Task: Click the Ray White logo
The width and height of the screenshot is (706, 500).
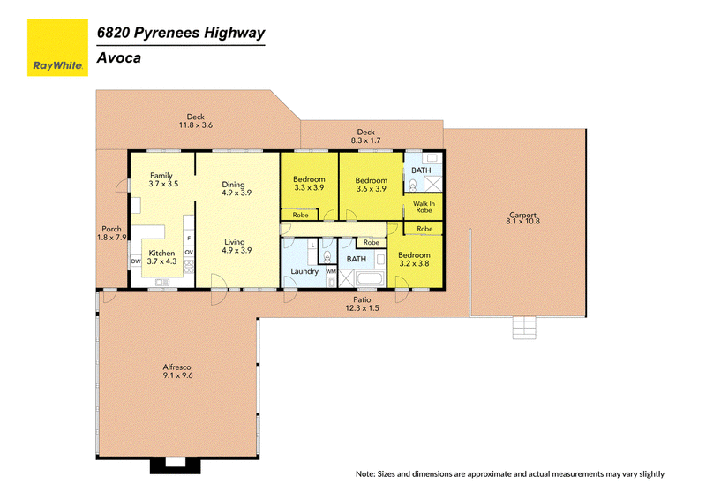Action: click(57, 48)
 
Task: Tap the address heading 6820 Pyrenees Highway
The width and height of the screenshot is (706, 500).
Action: click(181, 34)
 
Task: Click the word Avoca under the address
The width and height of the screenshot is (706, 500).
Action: click(119, 58)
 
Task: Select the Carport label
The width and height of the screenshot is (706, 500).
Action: click(522, 218)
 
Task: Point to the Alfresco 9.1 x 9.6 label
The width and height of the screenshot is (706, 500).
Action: click(177, 372)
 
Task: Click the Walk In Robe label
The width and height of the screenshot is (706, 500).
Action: click(424, 207)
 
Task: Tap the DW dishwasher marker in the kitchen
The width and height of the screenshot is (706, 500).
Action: click(136, 261)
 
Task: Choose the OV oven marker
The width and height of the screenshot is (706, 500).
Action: click(189, 252)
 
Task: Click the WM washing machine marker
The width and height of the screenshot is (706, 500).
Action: click(331, 271)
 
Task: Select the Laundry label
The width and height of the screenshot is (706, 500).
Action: click(304, 271)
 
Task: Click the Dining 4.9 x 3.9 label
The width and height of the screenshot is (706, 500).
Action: click(236, 188)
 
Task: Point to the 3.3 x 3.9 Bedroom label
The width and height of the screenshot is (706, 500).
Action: click(309, 184)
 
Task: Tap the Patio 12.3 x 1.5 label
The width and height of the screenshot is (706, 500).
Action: click(362, 304)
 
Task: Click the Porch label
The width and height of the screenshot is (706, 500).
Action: click(112, 233)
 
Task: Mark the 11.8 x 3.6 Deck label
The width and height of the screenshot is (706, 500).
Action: click(195, 121)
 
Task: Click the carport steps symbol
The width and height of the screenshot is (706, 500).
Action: click(524, 328)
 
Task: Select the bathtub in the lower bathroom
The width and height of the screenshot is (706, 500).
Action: click(370, 278)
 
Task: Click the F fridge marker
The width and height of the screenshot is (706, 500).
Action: click(189, 238)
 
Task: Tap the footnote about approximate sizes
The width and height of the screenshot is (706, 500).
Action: click(510, 473)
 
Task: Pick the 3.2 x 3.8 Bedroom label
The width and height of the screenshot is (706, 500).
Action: click(414, 259)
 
